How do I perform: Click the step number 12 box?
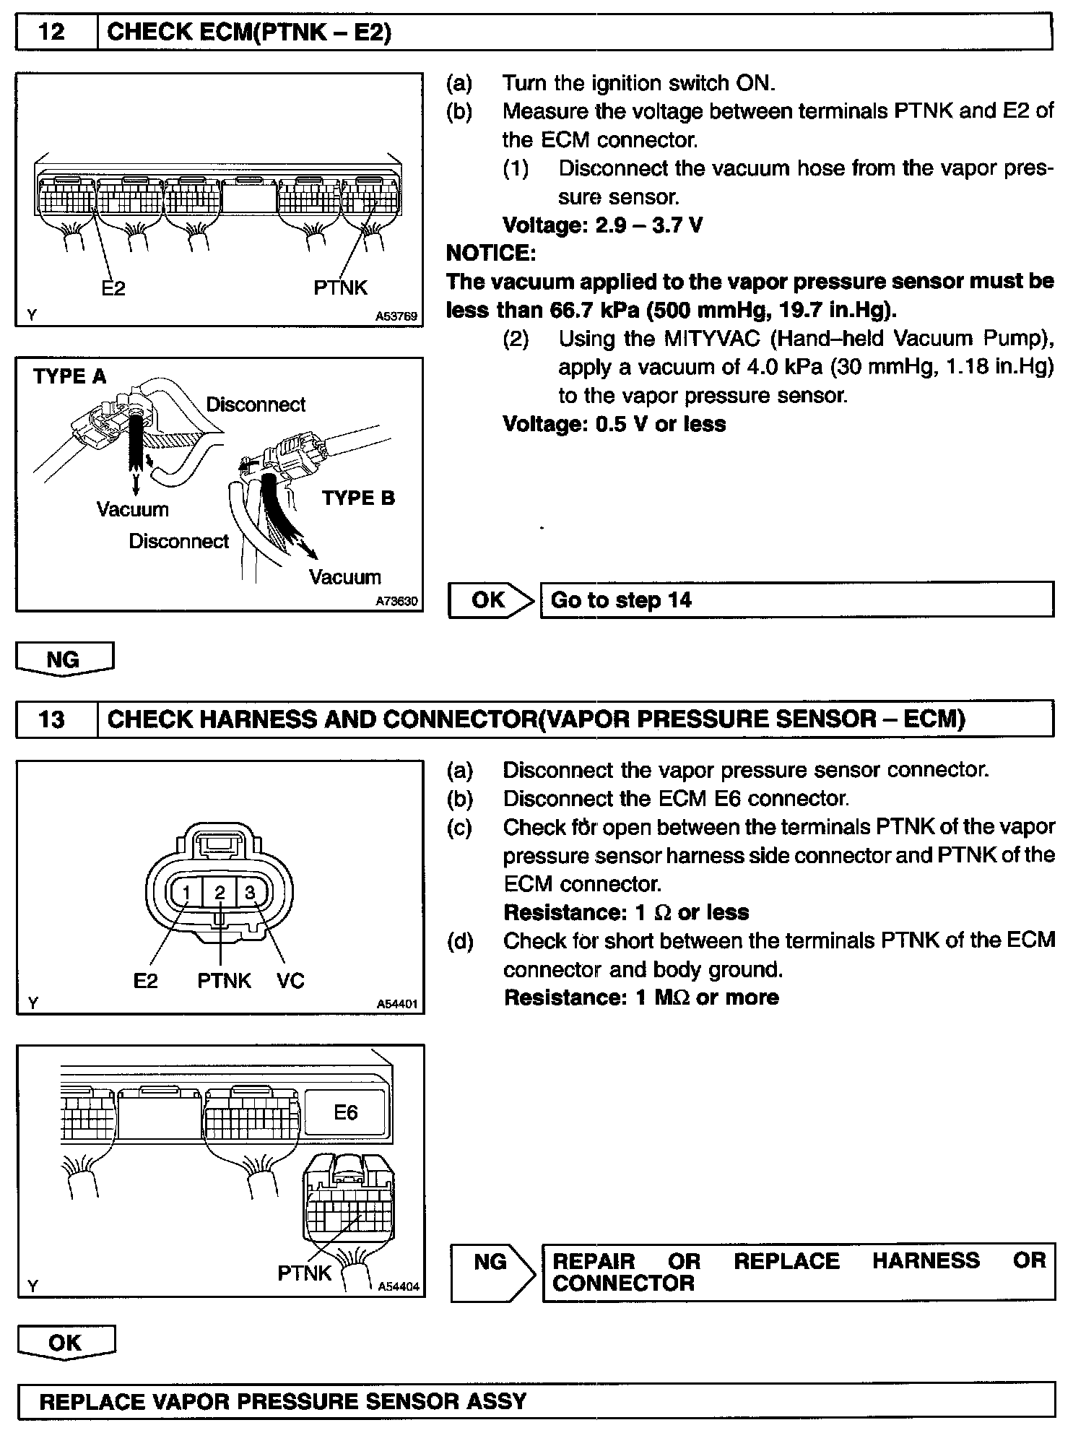[x=56, y=33]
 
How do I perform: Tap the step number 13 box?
[x=56, y=719]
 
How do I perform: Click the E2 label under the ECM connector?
[x=113, y=288]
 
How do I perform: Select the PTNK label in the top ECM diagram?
[x=340, y=287]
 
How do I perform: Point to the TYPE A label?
[x=69, y=376]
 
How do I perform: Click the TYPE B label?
[x=358, y=498]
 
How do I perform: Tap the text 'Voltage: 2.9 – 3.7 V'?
[x=602, y=225]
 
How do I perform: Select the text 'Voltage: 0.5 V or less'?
[x=614, y=424]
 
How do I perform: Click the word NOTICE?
[x=491, y=253]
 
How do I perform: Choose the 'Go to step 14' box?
[x=796, y=600]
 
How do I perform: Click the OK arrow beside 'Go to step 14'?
[x=491, y=600]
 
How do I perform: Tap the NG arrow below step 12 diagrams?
[x=64, y=659]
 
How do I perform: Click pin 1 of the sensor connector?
[x=186, y=893]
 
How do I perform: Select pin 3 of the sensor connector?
[x=250, y=893]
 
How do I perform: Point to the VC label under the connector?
[x=290, y=981]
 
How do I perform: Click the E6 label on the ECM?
[x=345, y=1112]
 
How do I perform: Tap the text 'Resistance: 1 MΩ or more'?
[x=641, y=997]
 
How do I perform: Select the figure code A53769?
[x=396, y=316]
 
